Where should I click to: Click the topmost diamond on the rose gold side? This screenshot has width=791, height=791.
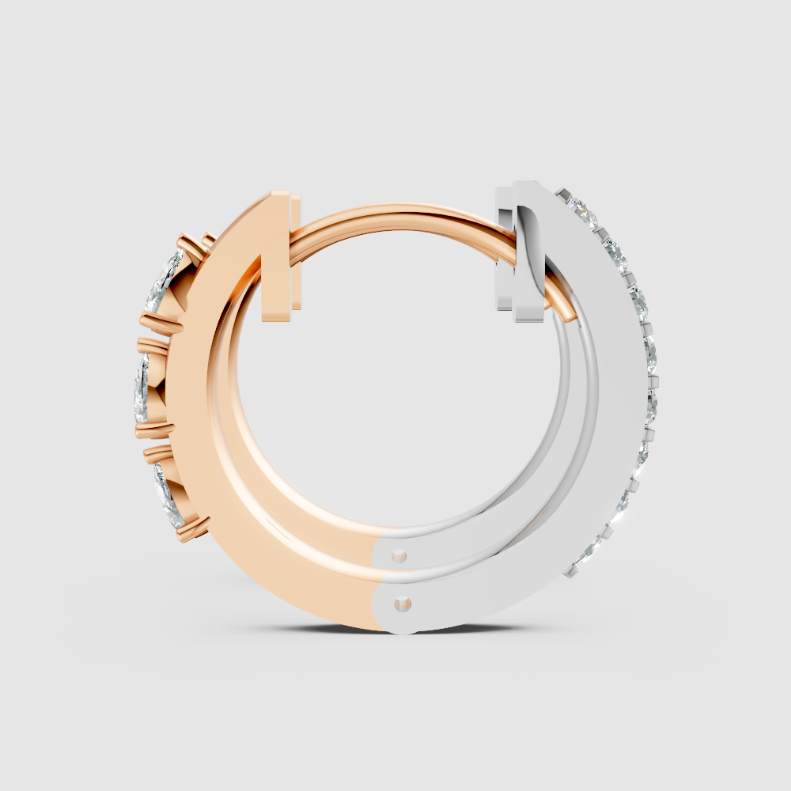pyautogui.click(x=165, y=281)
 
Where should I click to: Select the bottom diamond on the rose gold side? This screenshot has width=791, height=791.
pyautogui.click(x=170, y=494)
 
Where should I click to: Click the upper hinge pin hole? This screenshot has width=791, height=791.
pyautogui.click(x=399, y=556)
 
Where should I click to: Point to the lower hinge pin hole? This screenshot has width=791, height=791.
pyautogui.click(x=404, y=604)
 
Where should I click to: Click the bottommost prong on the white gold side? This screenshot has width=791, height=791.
pyautogui.click(x=567, y=571)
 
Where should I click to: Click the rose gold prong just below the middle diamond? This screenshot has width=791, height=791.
pyautogui.click(x=153, y=430)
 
